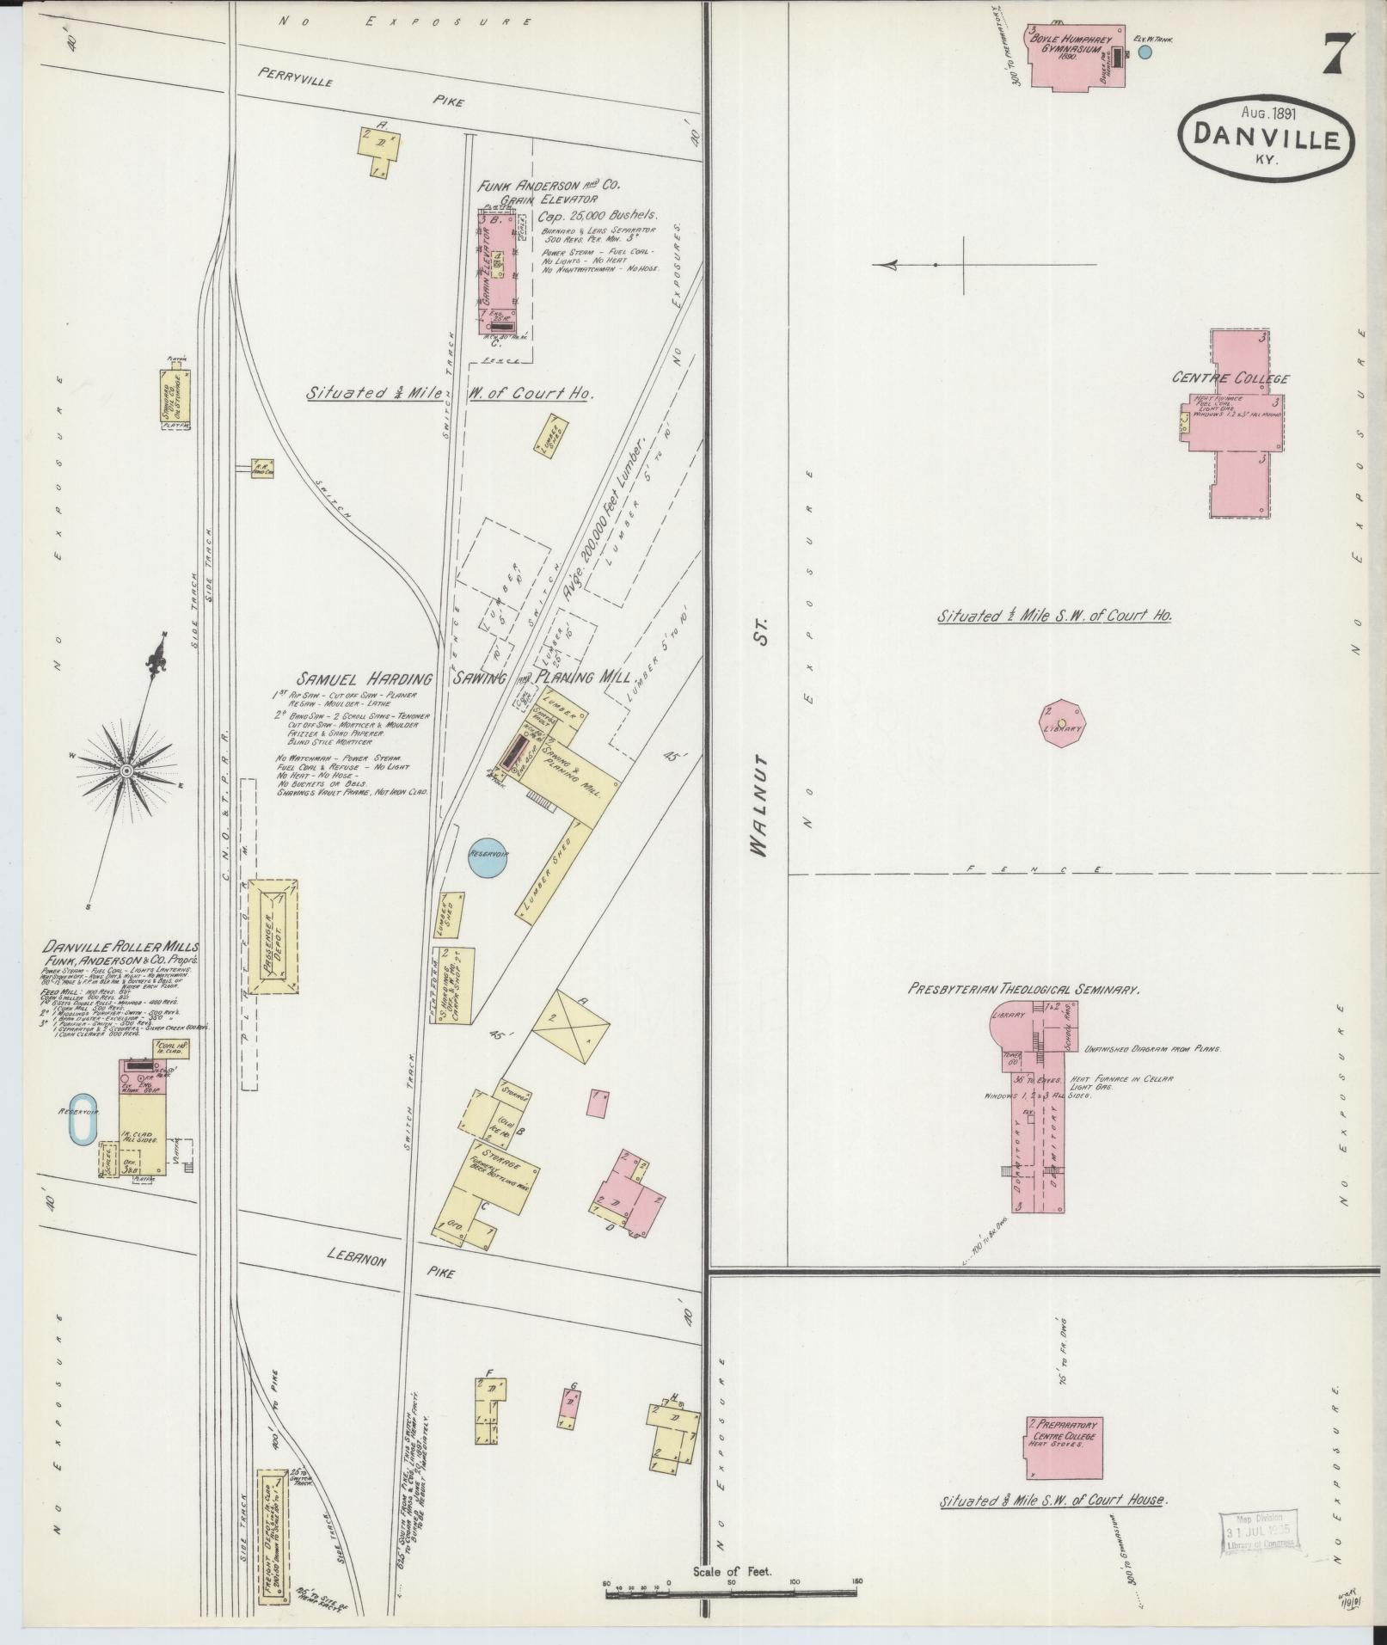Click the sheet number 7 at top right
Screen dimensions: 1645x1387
1337,56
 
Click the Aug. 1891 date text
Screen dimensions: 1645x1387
1268,111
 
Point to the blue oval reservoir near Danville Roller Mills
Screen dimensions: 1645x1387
83,1119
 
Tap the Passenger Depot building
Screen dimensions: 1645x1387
273,936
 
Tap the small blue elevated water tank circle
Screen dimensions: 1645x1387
1145,52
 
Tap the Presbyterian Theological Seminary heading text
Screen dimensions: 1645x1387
1024,990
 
